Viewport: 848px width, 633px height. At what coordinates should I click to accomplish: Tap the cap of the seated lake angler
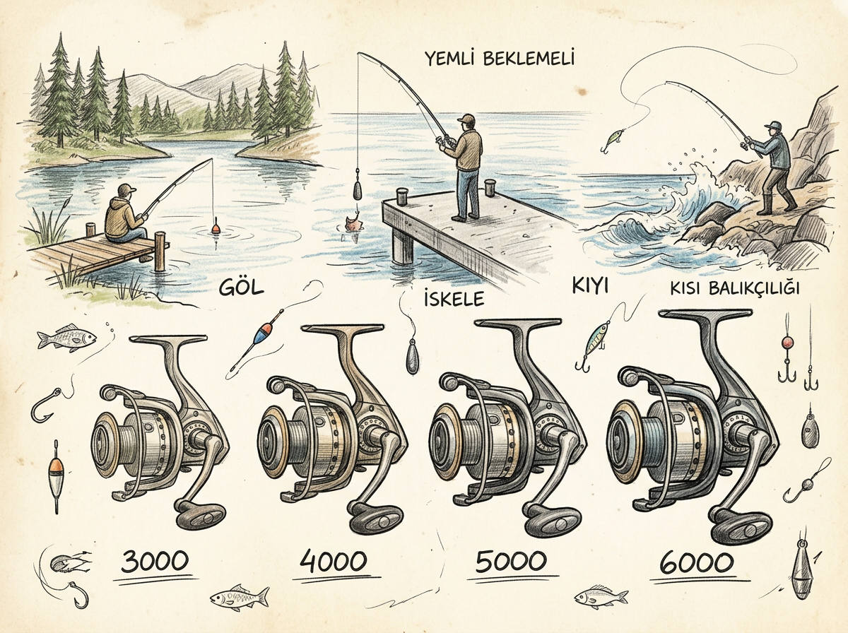(x=126, y=189)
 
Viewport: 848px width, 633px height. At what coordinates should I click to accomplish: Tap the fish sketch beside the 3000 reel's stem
(x=66, y=337)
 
